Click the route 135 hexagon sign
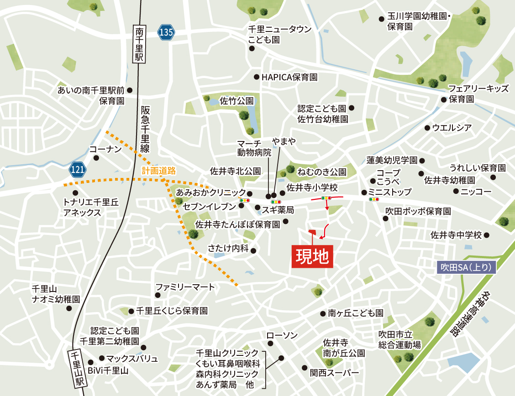tap(166, 32)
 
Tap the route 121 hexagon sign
tap(79, 170)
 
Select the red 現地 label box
tap(312, 257)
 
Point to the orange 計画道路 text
tap(158, 171)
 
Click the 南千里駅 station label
tap(139, 44)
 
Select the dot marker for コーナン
tap(96, 158)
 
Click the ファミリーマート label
tap(185, 287)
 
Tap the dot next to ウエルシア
tap(427, 128)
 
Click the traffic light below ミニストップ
tap(374, 199)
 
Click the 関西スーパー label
tap(334, 373)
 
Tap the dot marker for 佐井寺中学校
tap(487, 235)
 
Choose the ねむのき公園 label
tap(321, 172)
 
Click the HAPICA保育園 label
tap(289, 77)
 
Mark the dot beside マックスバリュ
tap(102, 358)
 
